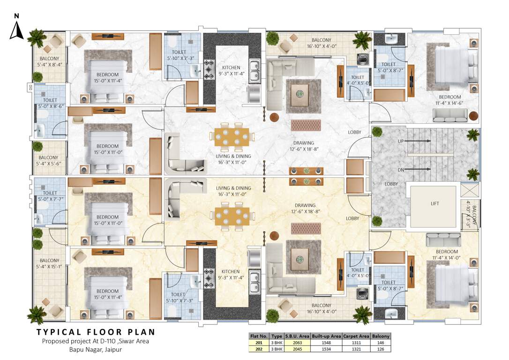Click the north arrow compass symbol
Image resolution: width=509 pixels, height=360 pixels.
16,29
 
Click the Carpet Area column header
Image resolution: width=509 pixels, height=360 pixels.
357,336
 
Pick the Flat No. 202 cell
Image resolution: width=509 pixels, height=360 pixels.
258,349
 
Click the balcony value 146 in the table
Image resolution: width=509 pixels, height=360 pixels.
381,343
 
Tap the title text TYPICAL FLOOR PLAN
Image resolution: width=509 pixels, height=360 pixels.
96,332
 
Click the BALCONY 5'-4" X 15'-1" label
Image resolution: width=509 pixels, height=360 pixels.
49,263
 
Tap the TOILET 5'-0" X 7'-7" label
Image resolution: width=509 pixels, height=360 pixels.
50,196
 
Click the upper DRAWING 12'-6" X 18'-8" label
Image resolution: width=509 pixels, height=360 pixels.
304,146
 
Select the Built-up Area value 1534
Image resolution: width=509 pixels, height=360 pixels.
327,349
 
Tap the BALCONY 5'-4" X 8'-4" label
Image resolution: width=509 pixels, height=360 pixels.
49,61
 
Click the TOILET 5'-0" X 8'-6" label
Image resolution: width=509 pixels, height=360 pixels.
50,103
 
